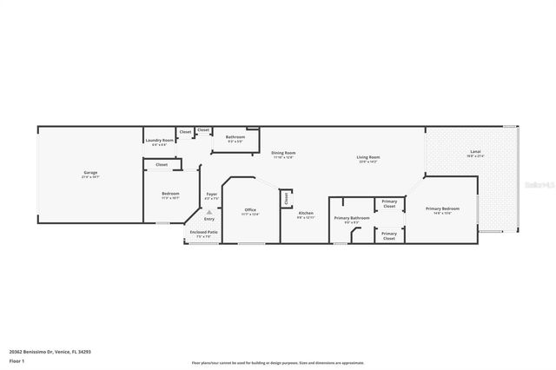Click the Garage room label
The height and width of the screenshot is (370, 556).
click(x=90, y=173)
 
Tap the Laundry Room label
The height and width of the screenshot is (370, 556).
click(x=159, y=140)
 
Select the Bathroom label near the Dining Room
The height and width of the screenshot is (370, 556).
click(x=235, y=136)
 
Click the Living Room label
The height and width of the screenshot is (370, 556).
click(x=368, y=157)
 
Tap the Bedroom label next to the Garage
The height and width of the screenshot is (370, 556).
click(x=170, y=194)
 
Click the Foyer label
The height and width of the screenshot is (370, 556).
click(x=211, y=194)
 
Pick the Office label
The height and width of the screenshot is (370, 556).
click(x=250, y=209)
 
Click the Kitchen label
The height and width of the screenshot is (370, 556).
click(x=306, y=213)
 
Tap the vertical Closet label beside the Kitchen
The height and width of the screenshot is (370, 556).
click(x=286, y=199)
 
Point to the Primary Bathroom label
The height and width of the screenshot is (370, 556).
click(x=352, y=217)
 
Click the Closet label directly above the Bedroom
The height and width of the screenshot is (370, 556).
click(x=162, y=164)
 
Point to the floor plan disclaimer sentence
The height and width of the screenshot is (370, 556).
click(x=278, y=363)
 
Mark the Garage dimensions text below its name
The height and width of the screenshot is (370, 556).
click(x=90, y=177)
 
